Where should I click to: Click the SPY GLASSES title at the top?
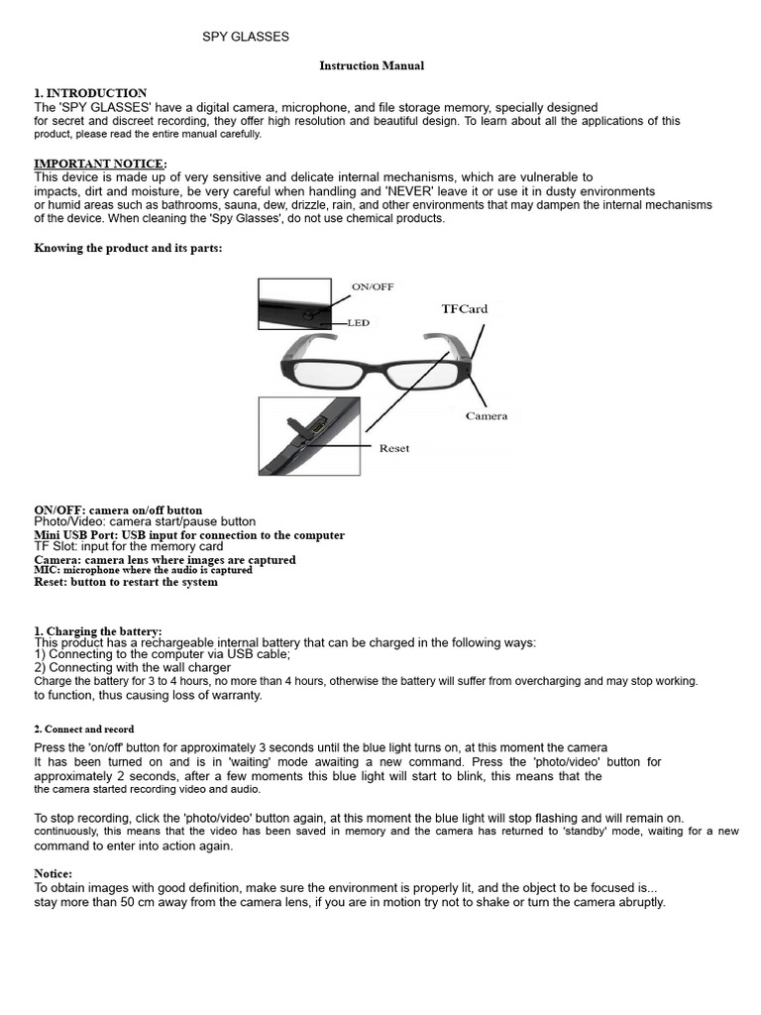(246, 37)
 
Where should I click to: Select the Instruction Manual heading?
(372, 66)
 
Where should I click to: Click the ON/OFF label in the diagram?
(373, 286)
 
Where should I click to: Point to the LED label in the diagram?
(359, 323)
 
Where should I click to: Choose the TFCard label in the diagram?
(465, 309)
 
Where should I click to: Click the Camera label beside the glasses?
(487, 416)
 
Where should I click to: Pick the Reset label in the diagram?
(394, 448)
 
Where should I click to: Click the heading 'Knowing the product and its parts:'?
(129, 249)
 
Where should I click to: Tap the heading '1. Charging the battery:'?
(98, 631)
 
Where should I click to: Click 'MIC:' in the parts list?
(48, 571)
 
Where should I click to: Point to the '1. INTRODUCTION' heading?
(90, 93)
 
